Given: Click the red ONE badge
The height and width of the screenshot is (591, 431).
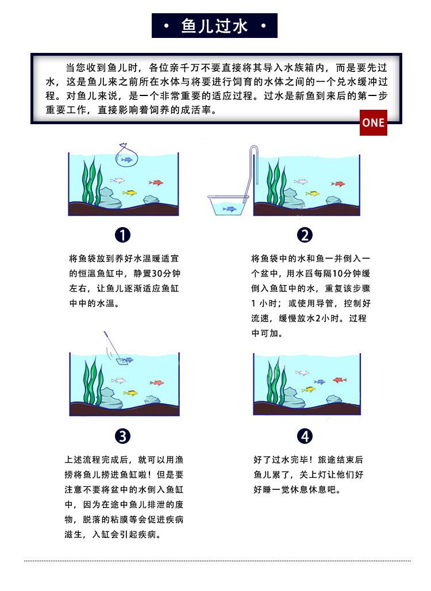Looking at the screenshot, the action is coord(374,122).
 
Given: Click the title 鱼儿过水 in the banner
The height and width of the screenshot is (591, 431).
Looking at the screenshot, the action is coord(214,26).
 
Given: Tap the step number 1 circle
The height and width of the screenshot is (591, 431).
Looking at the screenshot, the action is coord(122,235).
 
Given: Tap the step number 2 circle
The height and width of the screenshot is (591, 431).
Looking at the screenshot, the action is coord(305,235).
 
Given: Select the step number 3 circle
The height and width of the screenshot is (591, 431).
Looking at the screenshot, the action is coord(122,436).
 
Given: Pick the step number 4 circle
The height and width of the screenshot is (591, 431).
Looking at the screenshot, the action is coord(305,436).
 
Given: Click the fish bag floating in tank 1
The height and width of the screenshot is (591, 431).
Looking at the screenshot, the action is coord(126,156).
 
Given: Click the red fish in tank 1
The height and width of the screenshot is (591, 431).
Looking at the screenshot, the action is coord(156,183).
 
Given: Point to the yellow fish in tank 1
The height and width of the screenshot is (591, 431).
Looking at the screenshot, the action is coord(130,193).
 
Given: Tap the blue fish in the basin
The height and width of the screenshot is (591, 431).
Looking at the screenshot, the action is coord(229,209).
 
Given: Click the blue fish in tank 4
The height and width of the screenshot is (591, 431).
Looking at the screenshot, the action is coord(320,382).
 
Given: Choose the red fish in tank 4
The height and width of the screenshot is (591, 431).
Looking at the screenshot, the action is coord(340,379).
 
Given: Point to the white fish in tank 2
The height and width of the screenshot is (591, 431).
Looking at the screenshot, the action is coord(301,182).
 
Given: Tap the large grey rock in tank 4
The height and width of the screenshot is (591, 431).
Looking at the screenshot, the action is coord(293,399).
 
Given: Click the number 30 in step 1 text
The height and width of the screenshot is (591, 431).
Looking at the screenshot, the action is coord(156,273).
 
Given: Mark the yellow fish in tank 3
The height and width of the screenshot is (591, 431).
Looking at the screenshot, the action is coord(130,393).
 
